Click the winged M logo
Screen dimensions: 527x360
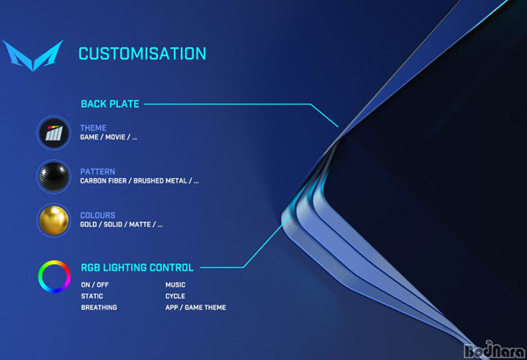[33, 55]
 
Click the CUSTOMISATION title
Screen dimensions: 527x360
[142, 54]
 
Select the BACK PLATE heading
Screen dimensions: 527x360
[111, 104]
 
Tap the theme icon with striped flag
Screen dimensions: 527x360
[54, 133]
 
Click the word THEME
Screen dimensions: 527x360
[93, 127]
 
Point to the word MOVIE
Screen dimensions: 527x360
[115, 137]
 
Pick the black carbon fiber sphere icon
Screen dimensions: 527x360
[54, 176]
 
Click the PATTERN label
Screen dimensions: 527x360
[97, 171]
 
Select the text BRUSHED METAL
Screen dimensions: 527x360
[160, 181]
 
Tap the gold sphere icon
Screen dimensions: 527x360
[54, 220]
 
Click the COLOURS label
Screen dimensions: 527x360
[97, 215]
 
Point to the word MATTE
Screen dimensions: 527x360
[140, 225]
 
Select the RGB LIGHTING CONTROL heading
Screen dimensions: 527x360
[137, 268]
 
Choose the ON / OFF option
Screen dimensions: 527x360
[95, 284]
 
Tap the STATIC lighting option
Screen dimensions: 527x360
[92, 296]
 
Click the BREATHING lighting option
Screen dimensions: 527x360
[99, 307]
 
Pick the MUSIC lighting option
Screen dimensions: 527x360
[176, 284]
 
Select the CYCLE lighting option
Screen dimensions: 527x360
[175, 296]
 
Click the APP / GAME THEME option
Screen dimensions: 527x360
[196, 307]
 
